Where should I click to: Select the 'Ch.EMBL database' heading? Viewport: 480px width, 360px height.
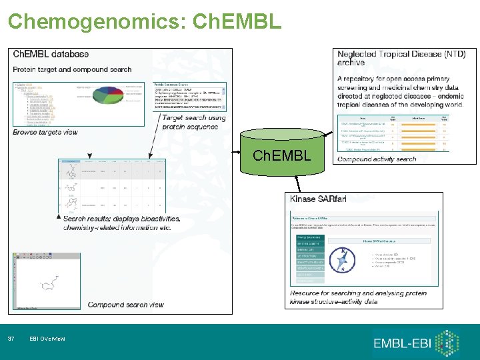click(x=51, y=55)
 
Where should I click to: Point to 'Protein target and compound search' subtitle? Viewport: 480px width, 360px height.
click(x=72, y=69)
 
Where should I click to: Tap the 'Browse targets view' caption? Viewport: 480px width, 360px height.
click(x=45, y=132)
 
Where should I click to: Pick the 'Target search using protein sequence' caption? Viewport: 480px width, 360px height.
click(x=193, y=123)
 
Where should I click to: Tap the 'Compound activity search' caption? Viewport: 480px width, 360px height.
click(x=377, y=159)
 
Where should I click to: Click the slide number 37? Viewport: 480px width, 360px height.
click(x=11, y=339)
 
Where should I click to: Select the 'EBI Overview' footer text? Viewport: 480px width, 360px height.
click(x=47, y=339)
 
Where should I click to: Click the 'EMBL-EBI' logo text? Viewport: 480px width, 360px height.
click(x=403, y=344)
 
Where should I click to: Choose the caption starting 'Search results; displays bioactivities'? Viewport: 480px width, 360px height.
click(x=117, y=223)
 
